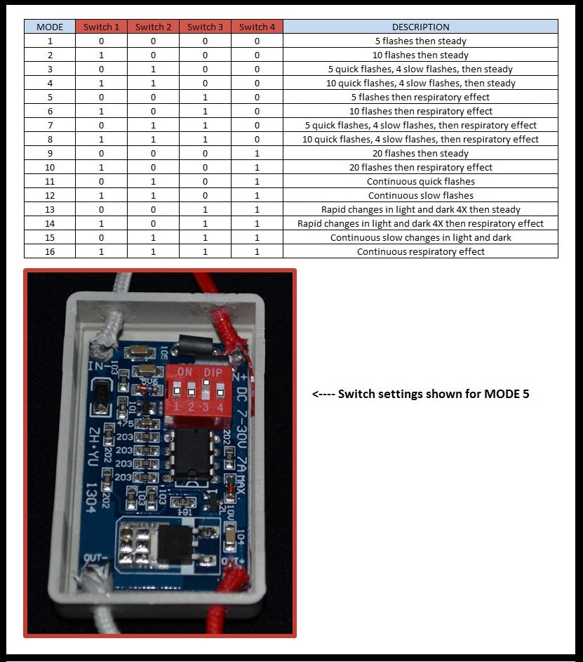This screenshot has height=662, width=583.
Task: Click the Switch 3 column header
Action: point(205,27)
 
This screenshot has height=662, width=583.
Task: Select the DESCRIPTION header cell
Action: point(420,27)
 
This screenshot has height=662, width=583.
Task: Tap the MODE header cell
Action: point(49,27)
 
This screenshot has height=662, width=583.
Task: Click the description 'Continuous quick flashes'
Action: point(420,181)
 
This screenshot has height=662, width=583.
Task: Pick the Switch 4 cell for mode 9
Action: point(257,153)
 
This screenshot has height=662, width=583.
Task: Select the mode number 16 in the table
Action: point(49,251)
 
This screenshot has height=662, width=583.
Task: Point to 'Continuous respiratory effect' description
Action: point(420,251)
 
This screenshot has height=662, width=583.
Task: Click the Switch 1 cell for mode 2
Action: point(101,55)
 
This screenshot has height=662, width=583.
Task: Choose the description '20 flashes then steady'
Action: point(420,153)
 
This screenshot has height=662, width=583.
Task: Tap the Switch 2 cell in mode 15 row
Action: point(153,237)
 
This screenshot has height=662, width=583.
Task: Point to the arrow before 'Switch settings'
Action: point(323,394)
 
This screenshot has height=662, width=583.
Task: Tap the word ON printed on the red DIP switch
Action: point(185,371)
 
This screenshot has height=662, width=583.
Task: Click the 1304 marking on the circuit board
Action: point(90,497)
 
